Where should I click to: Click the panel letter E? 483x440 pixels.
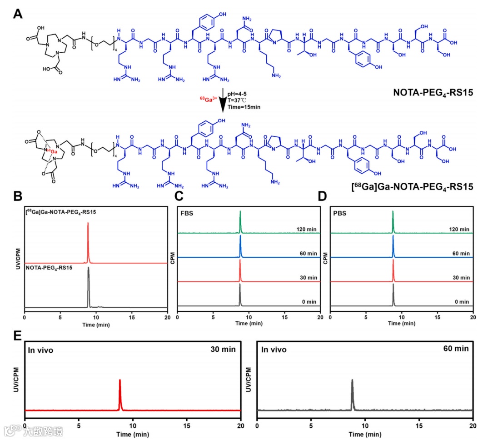(x=18, y=335)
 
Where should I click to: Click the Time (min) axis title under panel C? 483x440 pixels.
(x=249, y=324)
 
